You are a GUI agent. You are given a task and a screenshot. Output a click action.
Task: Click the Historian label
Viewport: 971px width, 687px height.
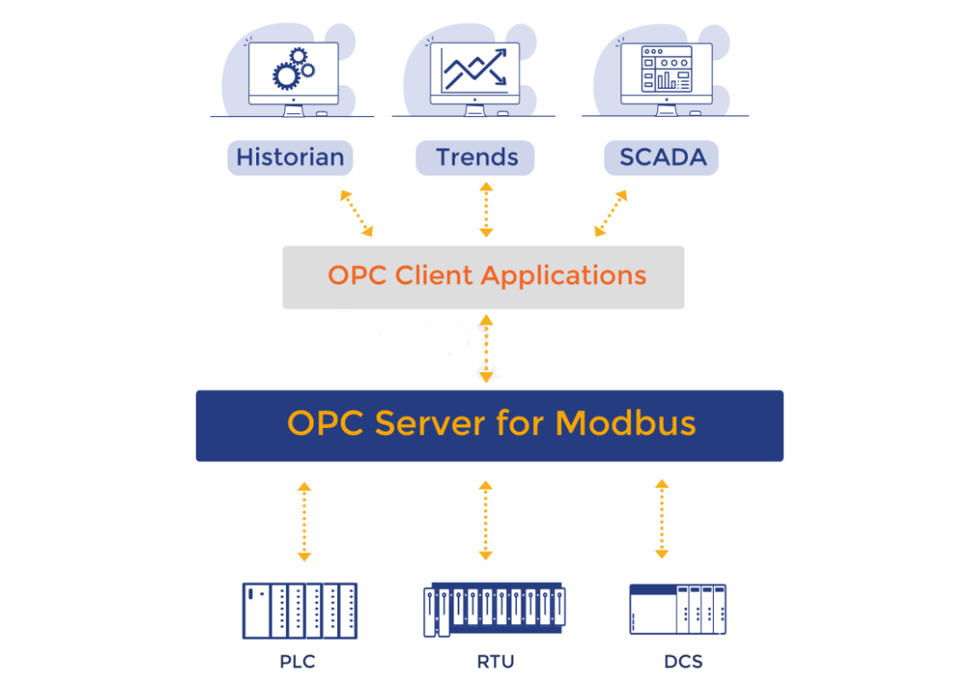(290, 157)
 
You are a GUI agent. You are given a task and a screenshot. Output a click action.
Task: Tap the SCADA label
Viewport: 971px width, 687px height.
(662, 157)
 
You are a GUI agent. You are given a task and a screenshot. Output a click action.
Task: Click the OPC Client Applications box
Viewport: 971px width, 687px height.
(484, 277)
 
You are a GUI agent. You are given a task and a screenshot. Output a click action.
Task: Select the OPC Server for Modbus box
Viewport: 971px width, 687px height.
(490, 425)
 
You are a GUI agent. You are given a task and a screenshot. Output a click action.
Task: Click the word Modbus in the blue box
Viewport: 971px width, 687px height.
(626, 423)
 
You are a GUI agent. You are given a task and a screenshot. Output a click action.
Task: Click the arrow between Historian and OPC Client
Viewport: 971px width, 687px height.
(356, 213)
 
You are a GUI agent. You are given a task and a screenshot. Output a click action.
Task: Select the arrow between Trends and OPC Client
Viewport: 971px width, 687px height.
(485, 210)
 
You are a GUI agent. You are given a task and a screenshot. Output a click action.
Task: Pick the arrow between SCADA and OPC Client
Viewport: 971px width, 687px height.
(611, 213)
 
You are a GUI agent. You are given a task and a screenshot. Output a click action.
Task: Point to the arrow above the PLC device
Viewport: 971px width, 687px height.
(304, 522)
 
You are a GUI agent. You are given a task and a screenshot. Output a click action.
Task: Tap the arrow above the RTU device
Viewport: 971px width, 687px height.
(485, 520)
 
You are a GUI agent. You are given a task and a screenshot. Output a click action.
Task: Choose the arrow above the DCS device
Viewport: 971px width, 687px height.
(662, 519)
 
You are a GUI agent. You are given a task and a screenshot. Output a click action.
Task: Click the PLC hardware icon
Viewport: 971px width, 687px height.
(299, 611)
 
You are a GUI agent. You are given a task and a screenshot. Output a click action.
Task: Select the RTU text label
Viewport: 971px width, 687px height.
(495, 663)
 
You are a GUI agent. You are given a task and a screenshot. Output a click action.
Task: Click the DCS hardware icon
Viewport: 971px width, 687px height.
(677, 610)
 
